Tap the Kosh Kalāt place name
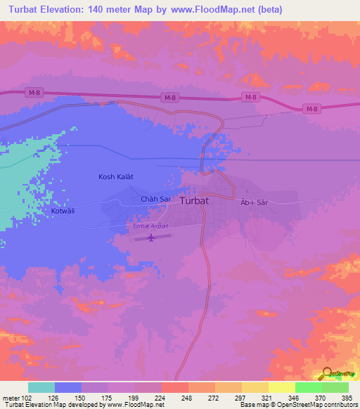click(115, 177)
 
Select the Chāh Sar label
click(156, 200)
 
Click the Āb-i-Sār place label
click(254, 202)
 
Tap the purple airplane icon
click(151, 238)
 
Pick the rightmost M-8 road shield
click(312, 108)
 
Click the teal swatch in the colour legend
click(41, 387)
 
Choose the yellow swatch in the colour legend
click(282, 387)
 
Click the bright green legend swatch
click(309, 387)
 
